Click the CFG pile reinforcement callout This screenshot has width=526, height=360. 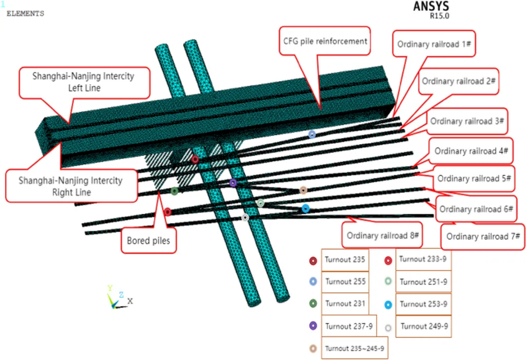(325, 41)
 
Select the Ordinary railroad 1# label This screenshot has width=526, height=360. (435, 44)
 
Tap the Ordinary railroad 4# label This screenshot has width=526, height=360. (471, 151)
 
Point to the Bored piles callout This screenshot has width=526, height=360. (149, 240)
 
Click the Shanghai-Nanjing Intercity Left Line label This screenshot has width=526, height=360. (83, 82)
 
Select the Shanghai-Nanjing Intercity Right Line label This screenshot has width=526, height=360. (71, 186)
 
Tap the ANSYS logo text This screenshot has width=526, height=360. (430, 7)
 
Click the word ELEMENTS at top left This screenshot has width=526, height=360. (25, 14)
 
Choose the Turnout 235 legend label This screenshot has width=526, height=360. (345, 260)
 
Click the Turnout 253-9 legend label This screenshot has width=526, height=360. (423, 304)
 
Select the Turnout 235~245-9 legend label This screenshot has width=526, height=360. (354, 348)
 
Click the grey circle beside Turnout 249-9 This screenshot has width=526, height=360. (388, 327)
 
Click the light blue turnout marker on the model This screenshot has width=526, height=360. (312, 134)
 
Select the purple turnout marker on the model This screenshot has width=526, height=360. (233, 182)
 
